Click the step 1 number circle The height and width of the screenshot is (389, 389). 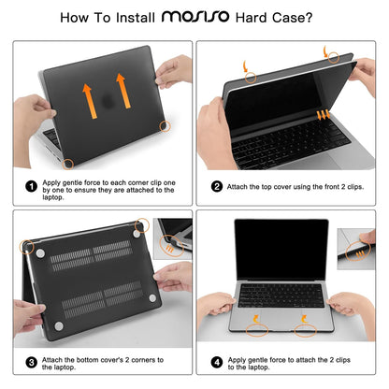coord(32,187)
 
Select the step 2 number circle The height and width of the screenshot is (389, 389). coord(217,187)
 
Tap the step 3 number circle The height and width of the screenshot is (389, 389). coord(32,362)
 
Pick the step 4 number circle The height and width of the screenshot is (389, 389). coord(217,362)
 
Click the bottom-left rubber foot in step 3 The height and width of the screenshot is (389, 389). coord(58,326)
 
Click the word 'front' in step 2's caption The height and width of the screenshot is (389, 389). coord(318,187)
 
